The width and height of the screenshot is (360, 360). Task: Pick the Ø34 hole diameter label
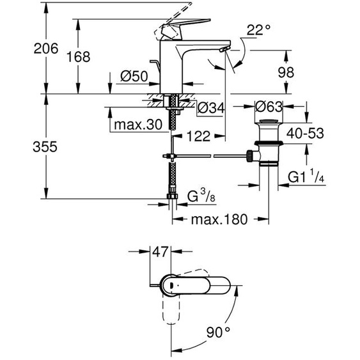[211, 109]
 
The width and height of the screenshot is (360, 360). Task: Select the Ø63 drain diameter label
[270, 106]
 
